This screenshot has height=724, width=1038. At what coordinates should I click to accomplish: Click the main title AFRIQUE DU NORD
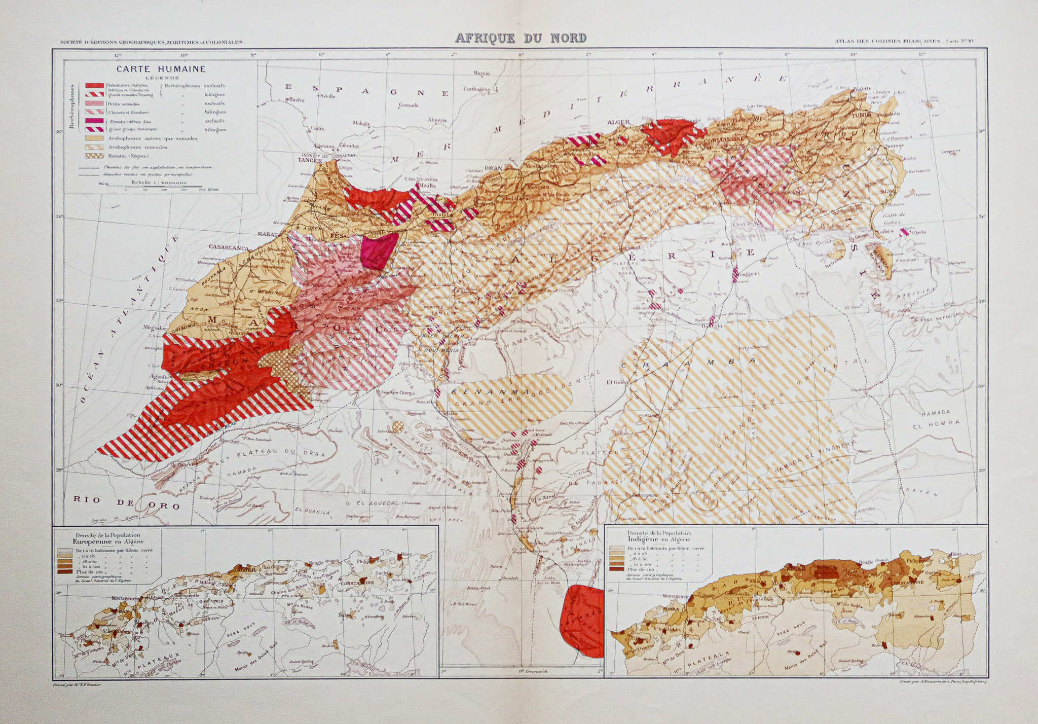(521, 38)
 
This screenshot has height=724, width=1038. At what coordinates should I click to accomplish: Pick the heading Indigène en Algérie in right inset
(657, 540)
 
